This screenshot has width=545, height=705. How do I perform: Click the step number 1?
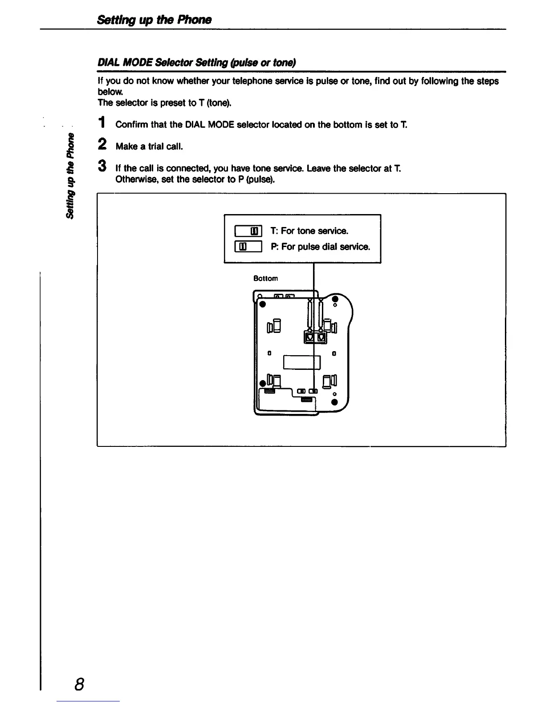click(x=102, y=122)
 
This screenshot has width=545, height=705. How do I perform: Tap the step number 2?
click(x=102, y=144)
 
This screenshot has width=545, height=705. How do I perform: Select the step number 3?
click(x=102, y=166)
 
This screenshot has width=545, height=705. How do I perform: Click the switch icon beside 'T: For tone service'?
click(x=248, y=231)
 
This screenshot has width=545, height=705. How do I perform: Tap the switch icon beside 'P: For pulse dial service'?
click(x=248, y=247)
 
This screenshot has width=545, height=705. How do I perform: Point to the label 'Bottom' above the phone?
click(x=265, y=278)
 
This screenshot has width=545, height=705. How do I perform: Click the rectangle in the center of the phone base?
click(x=301, y=362)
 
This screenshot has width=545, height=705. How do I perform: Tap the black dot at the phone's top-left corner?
click(x=263, y=304)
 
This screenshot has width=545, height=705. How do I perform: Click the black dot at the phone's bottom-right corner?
click(x=334, y=403)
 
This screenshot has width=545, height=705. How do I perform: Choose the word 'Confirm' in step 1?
click(x=131, y=125)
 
